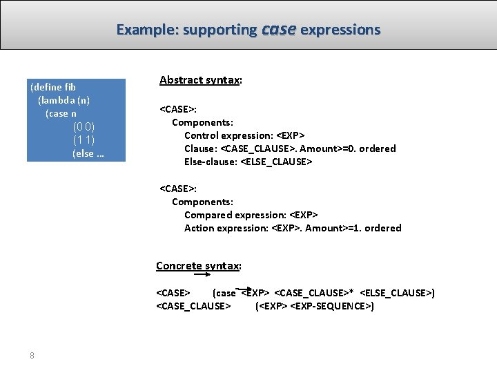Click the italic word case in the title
point(279,30)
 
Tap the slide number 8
point(32,356)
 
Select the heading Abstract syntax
point(199,80)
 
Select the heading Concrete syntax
point(198,266)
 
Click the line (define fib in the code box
point(53,87)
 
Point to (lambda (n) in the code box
point(64,100)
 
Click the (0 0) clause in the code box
point(84,127)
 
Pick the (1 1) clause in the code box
point(84,140)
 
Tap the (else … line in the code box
point(88,153)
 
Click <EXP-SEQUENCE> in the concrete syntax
point(333,306)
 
